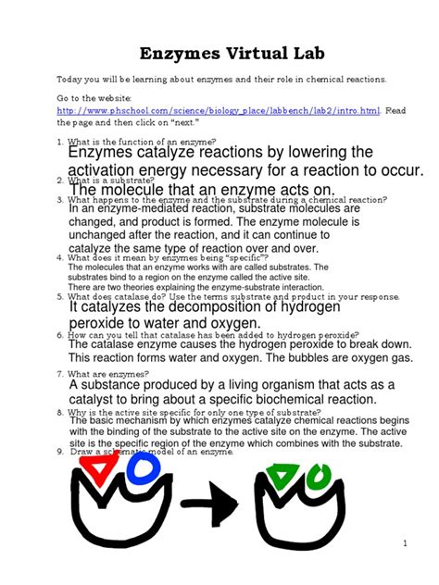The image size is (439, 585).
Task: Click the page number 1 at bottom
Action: pos(405,542)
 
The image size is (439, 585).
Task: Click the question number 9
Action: pos(60,451)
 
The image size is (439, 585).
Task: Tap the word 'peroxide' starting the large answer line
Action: pos(100,323)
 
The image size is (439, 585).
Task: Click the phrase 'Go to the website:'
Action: pos(94,96)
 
